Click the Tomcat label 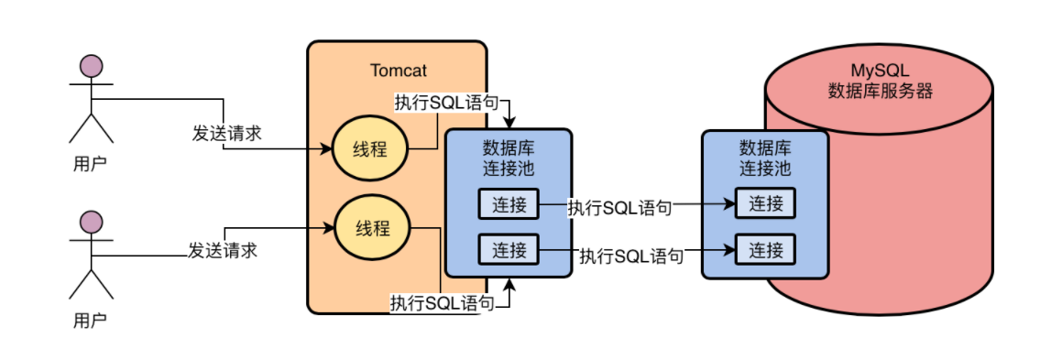click(399, 71)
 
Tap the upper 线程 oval click(370, 149)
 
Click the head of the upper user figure click(92, 66)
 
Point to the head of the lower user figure click(92, 222)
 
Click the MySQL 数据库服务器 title click(880, 82)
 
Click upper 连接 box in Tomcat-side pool click(509, 204)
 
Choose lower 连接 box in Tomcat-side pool click(509, 250)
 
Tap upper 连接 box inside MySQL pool click(766, 204)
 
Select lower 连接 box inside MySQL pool click(766, 250)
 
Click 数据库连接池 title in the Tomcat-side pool click(509, 158)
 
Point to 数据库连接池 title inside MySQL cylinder click(765, 158)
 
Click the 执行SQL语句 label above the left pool click(447, 103)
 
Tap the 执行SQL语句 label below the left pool click(443, 303)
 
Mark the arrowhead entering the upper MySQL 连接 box click(730, 203)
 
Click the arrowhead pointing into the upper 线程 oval click(326, 148)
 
